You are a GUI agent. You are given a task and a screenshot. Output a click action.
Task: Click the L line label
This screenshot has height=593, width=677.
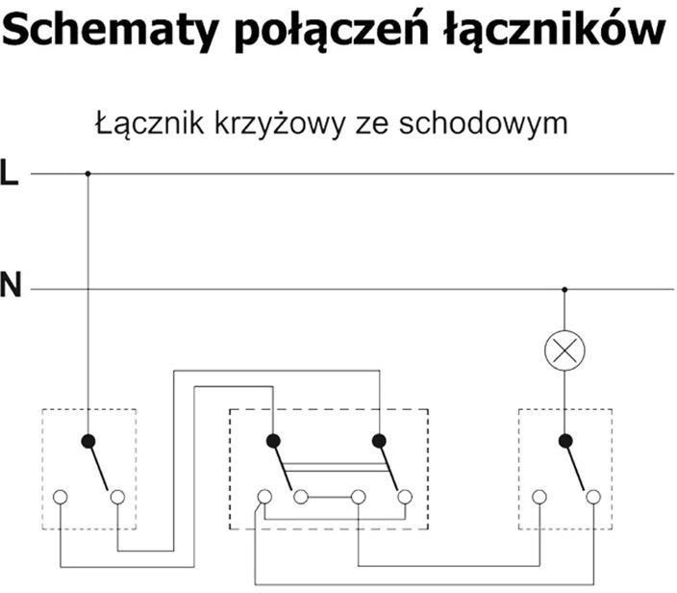point(10,174)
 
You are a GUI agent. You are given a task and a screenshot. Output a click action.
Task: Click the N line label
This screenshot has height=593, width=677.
point(11,287)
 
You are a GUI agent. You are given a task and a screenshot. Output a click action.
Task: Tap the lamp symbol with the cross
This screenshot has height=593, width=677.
point(564,349)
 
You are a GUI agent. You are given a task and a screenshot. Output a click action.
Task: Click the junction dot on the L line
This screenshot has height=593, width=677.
point(88,174)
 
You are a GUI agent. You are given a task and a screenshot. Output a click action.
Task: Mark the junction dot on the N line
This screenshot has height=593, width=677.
point(564,288)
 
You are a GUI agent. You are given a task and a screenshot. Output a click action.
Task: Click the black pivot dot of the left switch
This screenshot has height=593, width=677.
point(88,441)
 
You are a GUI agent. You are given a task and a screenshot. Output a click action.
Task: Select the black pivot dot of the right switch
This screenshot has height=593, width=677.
point(564,441)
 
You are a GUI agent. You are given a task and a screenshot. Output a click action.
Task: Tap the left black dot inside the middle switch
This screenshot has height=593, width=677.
point(273,441)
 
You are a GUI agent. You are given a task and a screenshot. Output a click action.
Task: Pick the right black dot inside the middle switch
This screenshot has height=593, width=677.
point(381,441)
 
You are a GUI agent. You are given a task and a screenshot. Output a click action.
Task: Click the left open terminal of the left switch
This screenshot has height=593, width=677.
point(61,497)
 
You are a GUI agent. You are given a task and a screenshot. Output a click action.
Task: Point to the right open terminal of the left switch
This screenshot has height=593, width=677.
point(117,497)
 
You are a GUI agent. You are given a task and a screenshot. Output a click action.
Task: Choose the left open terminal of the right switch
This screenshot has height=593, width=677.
point(539,497)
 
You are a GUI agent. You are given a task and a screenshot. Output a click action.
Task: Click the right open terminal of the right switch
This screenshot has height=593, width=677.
point(593,497)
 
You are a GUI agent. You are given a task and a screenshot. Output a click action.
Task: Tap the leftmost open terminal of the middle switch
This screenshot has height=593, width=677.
point(263,497)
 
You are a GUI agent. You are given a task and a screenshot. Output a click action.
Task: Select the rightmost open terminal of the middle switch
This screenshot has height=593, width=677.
point(406,497)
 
